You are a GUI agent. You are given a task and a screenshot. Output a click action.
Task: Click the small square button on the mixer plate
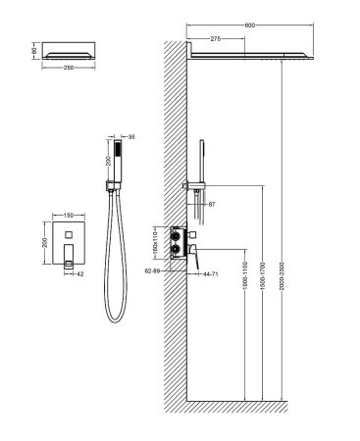(69, 234)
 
